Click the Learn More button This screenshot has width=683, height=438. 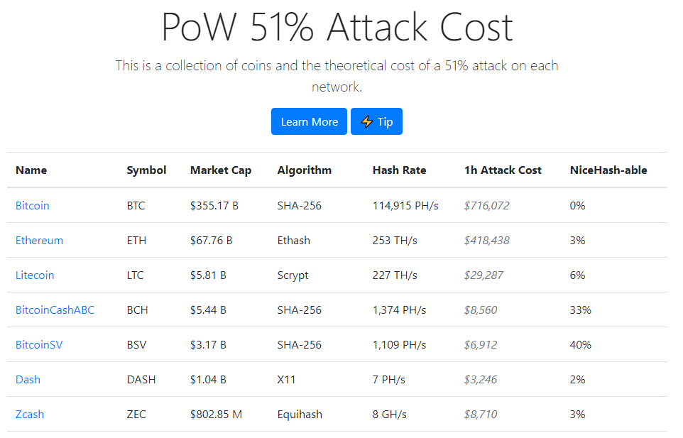pyautogui.click(x=309, y=121)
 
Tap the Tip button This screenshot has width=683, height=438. pyautogui.click(x=376, y=121)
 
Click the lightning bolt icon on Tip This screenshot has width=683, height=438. pyautogui.click(x=367, y=121)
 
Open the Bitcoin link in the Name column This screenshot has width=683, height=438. pyautogui.click(x=32, y=205)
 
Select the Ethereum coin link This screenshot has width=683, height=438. pyautogui.click(x=39, y=241)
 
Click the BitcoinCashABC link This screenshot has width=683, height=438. pyautogui.click(x=55, y=310)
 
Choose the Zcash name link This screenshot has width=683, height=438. pyautogui.click(x=30, y=415)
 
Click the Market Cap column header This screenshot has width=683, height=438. pyautogui.click(x=221, y=170)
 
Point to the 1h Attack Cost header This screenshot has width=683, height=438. pyautogui.click(x=503, y=170)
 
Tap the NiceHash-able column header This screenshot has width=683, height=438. pyautogui.click(x=608, y=170)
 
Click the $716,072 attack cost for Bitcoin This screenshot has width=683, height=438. pyautogui.click(x=486, y=205)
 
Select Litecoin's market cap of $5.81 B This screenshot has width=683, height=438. pyautogui.click(x=208, y=275)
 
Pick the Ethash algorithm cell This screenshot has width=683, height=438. pyautogui.click(x=294, y=241)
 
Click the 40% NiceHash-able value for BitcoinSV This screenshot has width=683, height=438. pyautogui.click(x=580, y=345)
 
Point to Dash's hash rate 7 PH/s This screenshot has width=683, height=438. pyautogui.click(x=388, y=380)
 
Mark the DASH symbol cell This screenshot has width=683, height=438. pyautogui.click(x=141, y=380)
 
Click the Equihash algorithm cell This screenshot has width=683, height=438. pyautogui.click(x=300, y=415)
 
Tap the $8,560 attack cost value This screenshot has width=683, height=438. pyautogui.click(x=481, y=310)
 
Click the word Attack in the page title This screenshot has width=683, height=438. pyautogui.click(x=377, y=27)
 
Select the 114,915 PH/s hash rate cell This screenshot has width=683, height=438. pyautogui.click(x=405, y=205)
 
